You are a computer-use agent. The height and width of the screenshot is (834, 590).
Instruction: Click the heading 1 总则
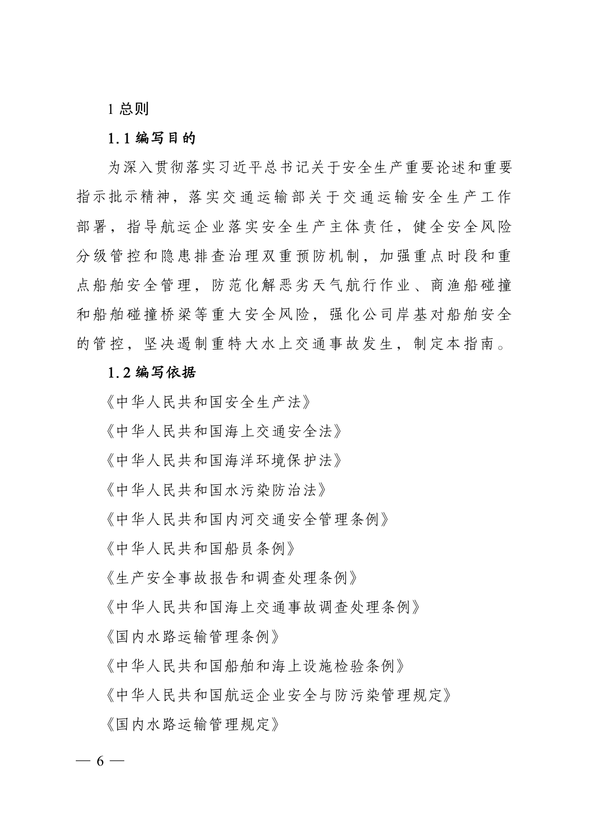point(128,108)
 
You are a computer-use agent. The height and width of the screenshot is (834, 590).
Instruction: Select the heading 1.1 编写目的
point(152,138)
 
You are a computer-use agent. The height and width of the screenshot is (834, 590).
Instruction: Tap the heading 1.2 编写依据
point(152,372)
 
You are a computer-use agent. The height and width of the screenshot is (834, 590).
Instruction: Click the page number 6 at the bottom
point(100,761)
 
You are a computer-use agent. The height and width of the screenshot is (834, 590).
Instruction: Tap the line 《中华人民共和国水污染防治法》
point(216,490)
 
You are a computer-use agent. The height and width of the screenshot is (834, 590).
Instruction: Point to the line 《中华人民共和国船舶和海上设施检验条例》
point(256,666)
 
